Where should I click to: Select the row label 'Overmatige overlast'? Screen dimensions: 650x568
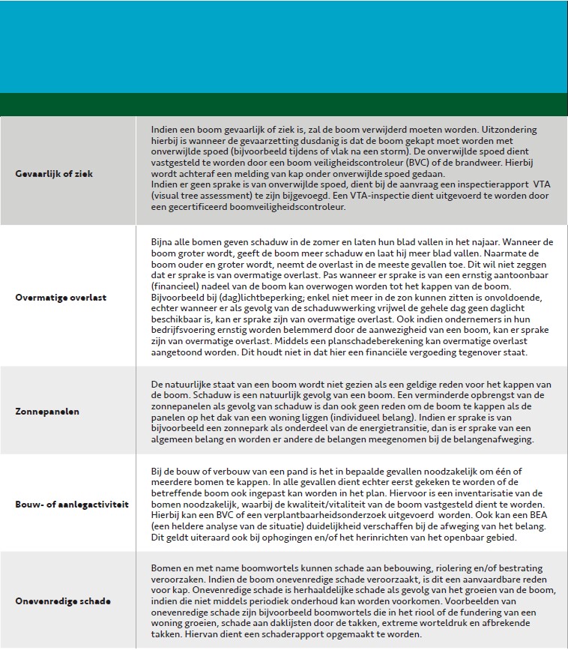coord(61,297)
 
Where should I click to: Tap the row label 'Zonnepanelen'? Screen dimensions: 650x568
coord(46,412)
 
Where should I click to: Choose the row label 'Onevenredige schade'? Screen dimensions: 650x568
coord(63,601)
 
